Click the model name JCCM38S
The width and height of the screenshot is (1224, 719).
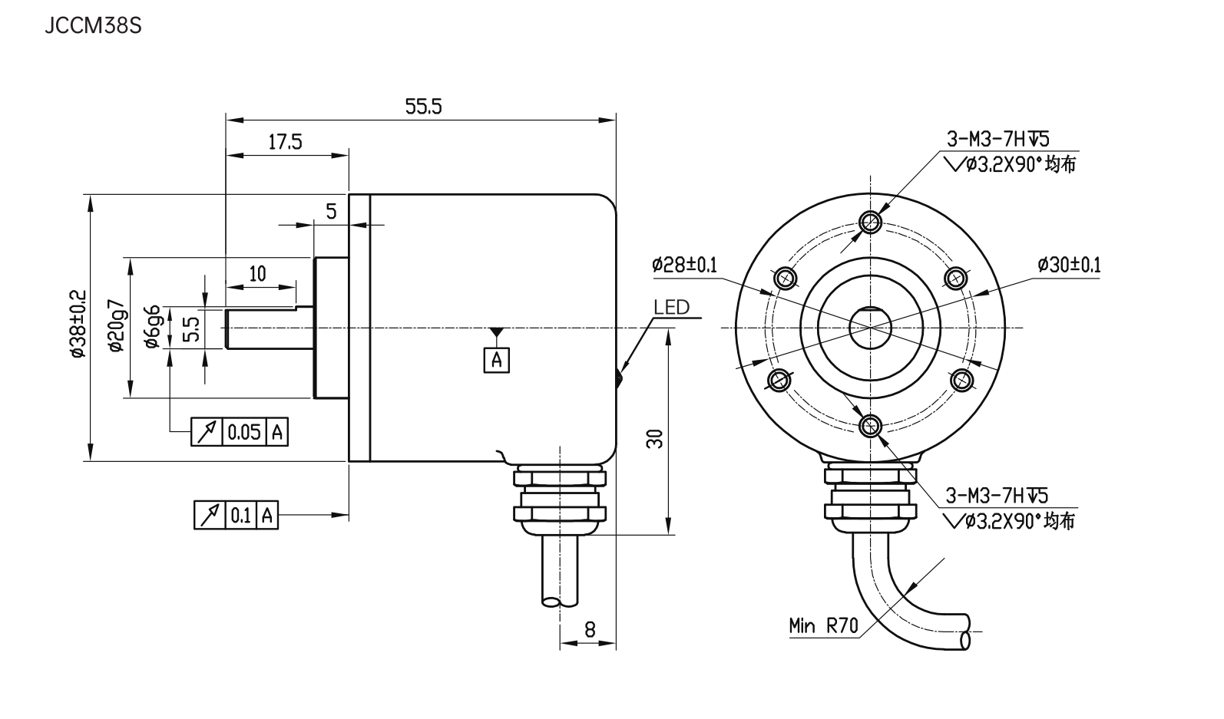pyautogui.click(x=93, y=26)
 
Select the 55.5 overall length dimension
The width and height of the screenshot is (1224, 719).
pyautogui.click(x=423, y=107)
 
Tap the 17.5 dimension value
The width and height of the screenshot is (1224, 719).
pyautogui.click(x=285, y=142)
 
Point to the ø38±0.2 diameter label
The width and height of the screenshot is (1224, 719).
pyautogui.click(x=77, y=324)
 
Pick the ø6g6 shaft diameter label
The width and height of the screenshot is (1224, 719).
pyautogui.click(x=153, y=326)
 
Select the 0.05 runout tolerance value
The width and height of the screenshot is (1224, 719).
pyautogui.click(x=244, y=432)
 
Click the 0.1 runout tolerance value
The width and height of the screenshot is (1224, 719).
pyautogui.click(x=240, y=515)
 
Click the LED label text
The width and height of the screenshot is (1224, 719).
pyautogui.click(x=671, y=308)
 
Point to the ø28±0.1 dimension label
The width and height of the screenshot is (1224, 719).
pyautogui.click(x=683, y=266)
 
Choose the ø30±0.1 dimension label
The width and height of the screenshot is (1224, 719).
pyautogui.click(x=1068, y=266)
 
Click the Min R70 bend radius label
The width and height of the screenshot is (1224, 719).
pyautogui.click(x=822, y=625)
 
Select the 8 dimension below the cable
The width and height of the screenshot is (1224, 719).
pyautogui.click(x=589, y=629)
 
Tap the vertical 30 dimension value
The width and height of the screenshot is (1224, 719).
pyautogui.click(x=655, y=437)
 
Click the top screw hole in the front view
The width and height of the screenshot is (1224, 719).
pyautogui.click(x=870, y=223)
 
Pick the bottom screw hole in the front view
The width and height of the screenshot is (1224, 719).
pyautogui.click(x=870, y=424)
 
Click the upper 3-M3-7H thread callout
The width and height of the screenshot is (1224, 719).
pyautogui.click(x=997, y=139)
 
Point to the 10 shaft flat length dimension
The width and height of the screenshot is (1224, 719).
pyautogui.click(x=258, y=273)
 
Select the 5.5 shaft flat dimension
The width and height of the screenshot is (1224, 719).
pyautogui.click(x=192, y=328)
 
